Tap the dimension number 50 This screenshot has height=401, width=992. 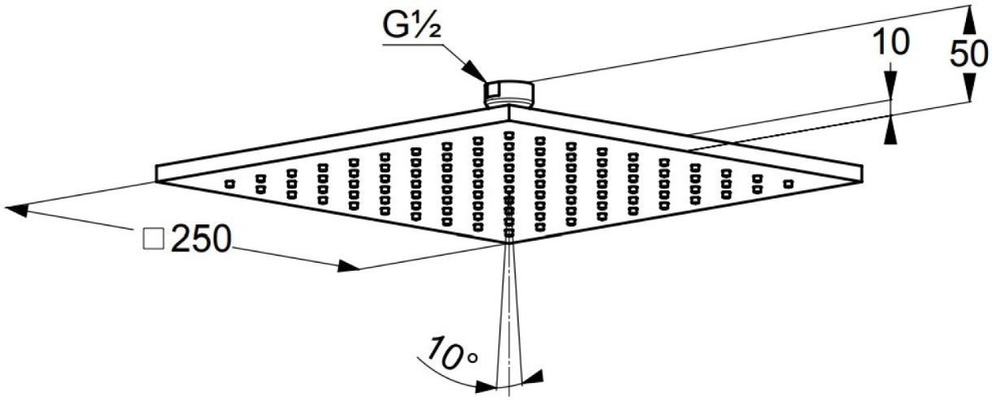point(969,53)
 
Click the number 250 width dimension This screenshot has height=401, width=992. point(200,239)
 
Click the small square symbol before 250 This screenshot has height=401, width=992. point(152,239)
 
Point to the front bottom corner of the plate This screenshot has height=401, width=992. point(509,242)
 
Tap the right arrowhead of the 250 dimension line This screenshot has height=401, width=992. point(349,266)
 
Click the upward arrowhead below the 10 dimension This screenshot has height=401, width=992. point(892,126)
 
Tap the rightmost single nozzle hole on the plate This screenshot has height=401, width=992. point(788,184)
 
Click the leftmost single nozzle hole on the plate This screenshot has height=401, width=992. point(229,182)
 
